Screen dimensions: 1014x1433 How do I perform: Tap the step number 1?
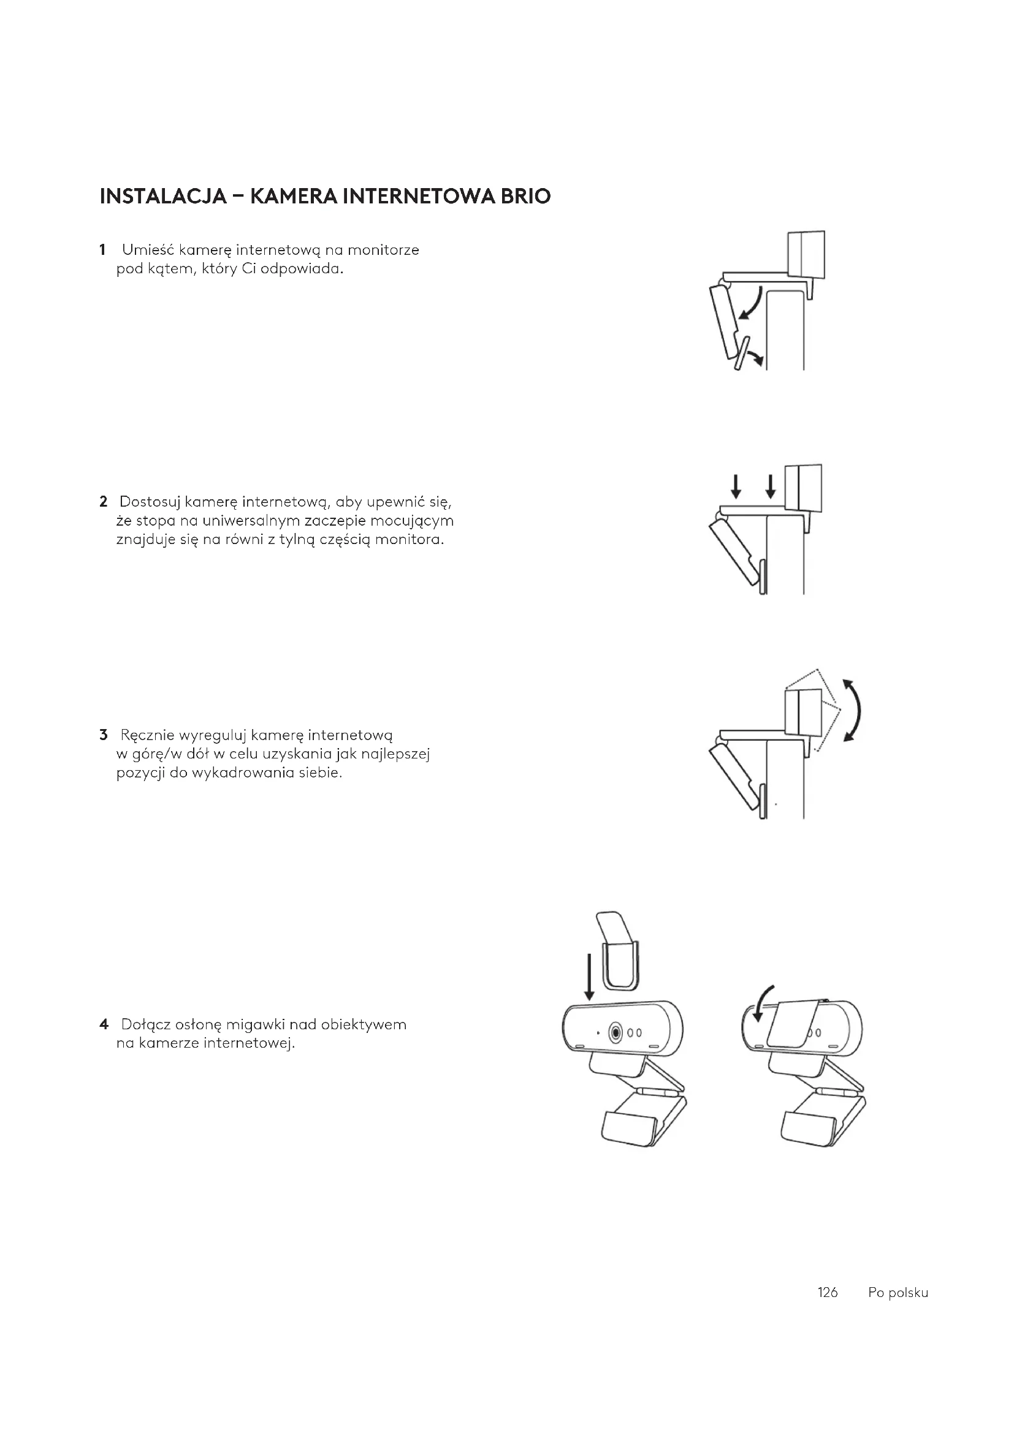point(102,251)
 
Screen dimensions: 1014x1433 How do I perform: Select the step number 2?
point(103,501)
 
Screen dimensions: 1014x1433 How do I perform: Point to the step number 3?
point(103,735)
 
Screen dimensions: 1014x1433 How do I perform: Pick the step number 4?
point(104,1024)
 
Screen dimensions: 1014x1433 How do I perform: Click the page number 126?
point(827,1293)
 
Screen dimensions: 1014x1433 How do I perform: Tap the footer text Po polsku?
point(898,1293)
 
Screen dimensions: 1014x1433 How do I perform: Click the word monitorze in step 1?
point(383,251)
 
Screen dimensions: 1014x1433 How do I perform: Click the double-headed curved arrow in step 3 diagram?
point(856,710)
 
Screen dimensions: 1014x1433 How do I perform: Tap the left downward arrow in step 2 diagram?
point(737,486)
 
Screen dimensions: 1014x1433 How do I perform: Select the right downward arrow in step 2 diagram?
point(771,486)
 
